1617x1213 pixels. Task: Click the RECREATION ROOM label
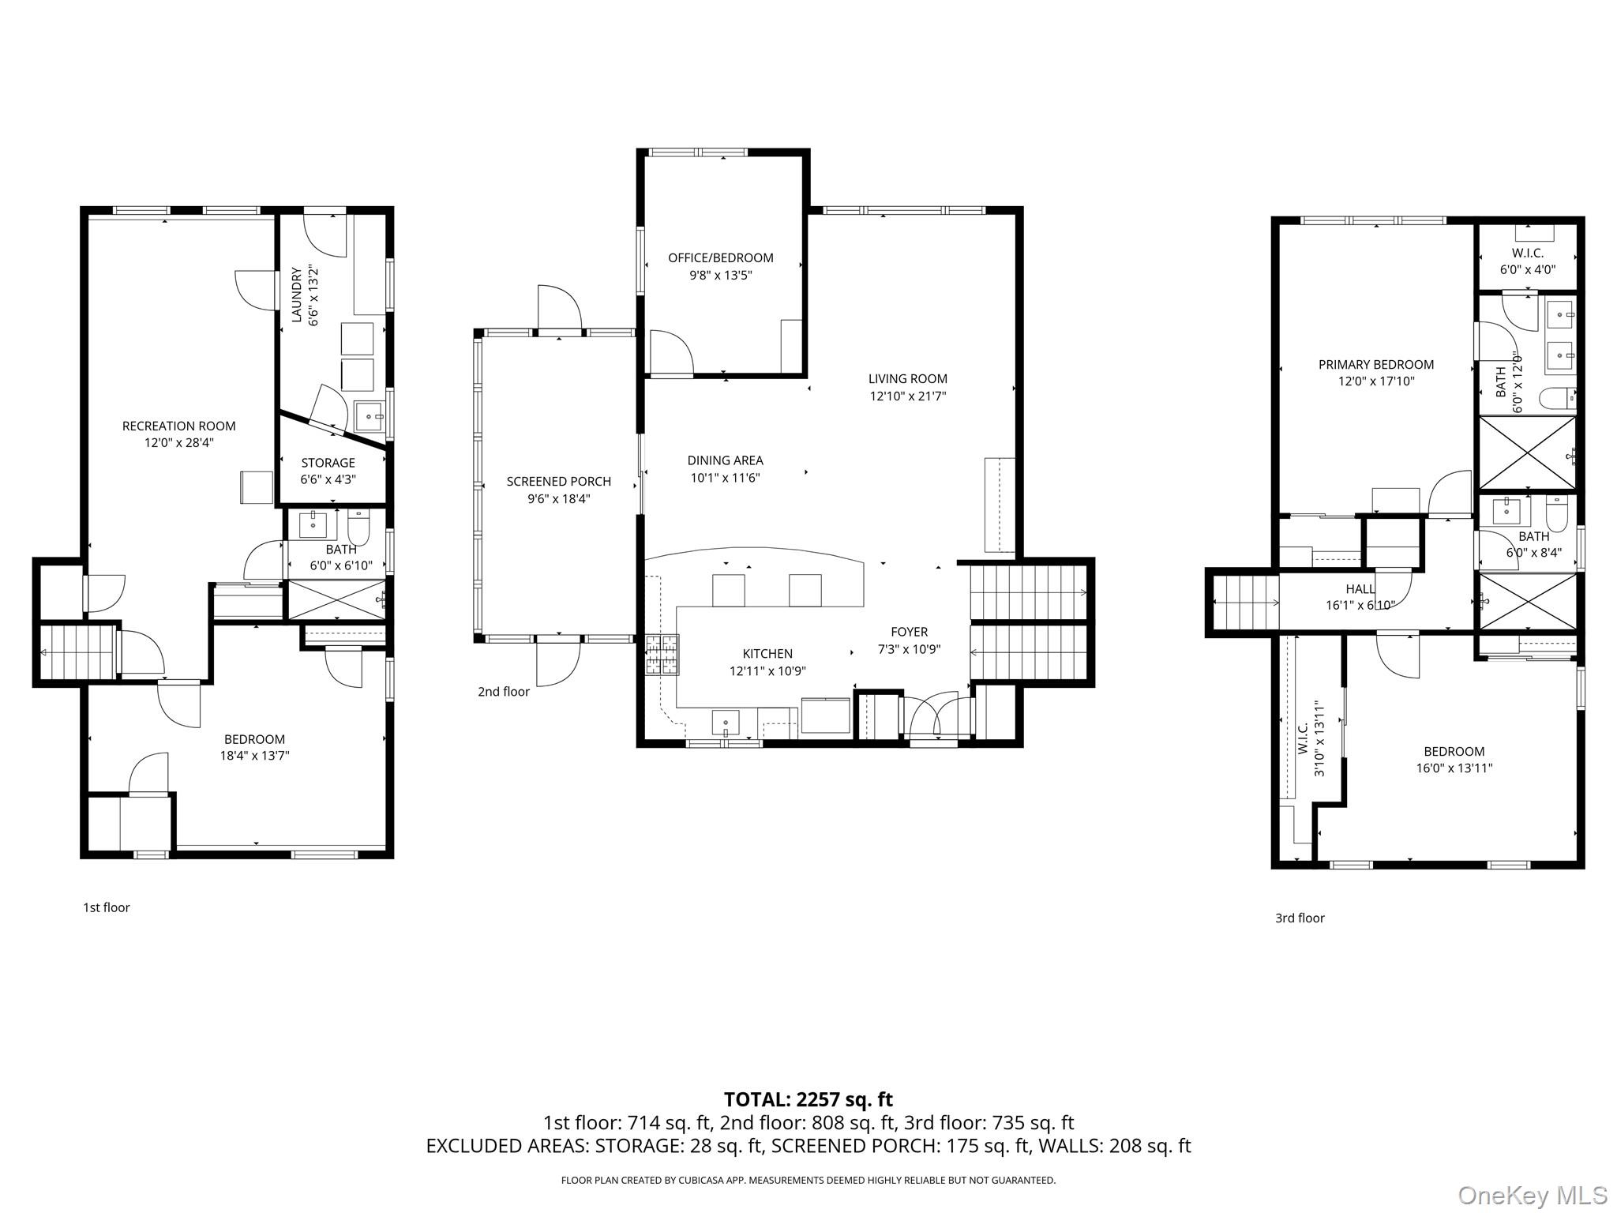(x=178, y=426)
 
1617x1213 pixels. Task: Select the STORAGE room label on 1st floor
(x=328, y=463)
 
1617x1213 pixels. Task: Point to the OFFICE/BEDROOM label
(x=720, y=257)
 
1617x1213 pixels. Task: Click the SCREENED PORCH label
(x=558, y=481)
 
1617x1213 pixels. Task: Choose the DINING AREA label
(x=725, y=460)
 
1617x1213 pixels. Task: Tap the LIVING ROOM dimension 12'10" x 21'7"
(x=907, y=396)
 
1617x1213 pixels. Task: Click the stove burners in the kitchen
(x=661, y=655)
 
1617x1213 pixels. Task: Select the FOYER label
(x=909, y=632)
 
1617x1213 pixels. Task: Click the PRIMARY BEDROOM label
(x=1375, y=364)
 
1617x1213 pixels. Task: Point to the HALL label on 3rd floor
(x=1360, y=589)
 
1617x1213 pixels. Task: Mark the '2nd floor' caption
(x=503, y=692)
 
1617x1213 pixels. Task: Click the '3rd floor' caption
(x=1299, y=918)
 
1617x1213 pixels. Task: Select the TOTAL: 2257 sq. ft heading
(x=808, y=1099)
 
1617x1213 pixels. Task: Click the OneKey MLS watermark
(x=1532, y=1195)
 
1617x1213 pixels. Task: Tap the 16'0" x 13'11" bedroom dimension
(x=1454, y=768)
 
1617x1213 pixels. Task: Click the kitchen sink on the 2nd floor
(x=725, y=723)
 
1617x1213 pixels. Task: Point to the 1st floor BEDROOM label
(x=254, y=739)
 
